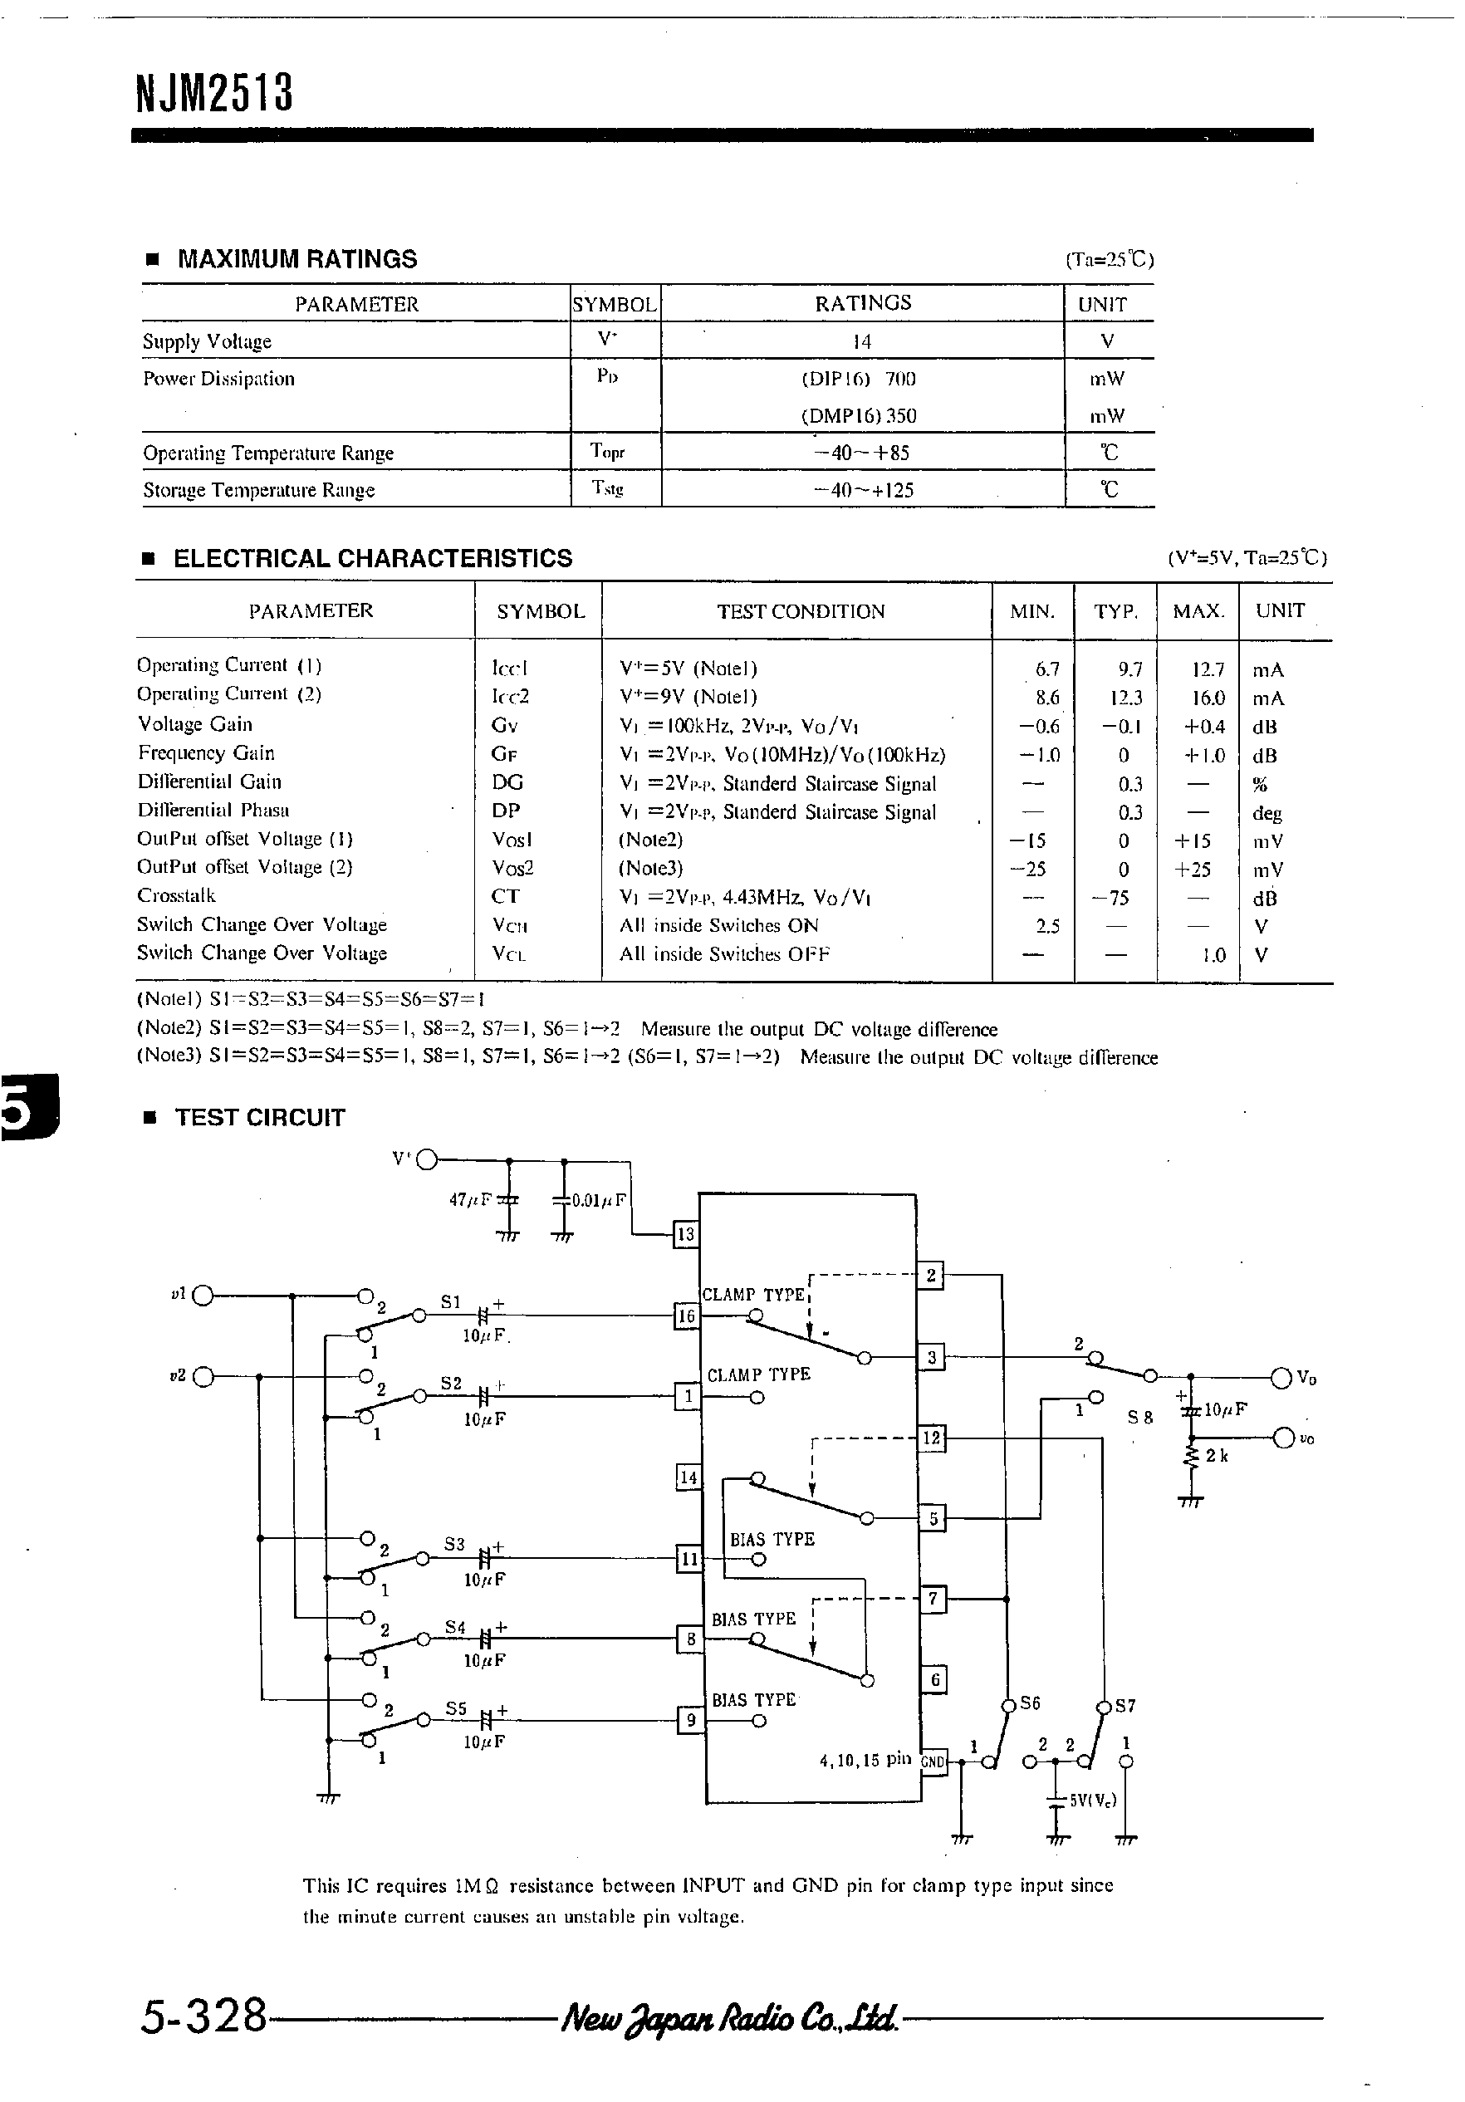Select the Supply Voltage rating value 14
861,341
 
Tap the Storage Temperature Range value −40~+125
864,490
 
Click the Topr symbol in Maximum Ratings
607,451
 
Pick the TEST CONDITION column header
801,611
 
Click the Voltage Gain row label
195,724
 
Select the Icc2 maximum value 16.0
1207,698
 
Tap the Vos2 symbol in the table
512,868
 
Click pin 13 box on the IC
685,1235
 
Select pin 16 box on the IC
686,1316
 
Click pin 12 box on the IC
931,1438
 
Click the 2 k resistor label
1217,1456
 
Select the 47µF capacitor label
471,1199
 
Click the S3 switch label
454,1545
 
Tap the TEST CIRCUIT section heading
259,1118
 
